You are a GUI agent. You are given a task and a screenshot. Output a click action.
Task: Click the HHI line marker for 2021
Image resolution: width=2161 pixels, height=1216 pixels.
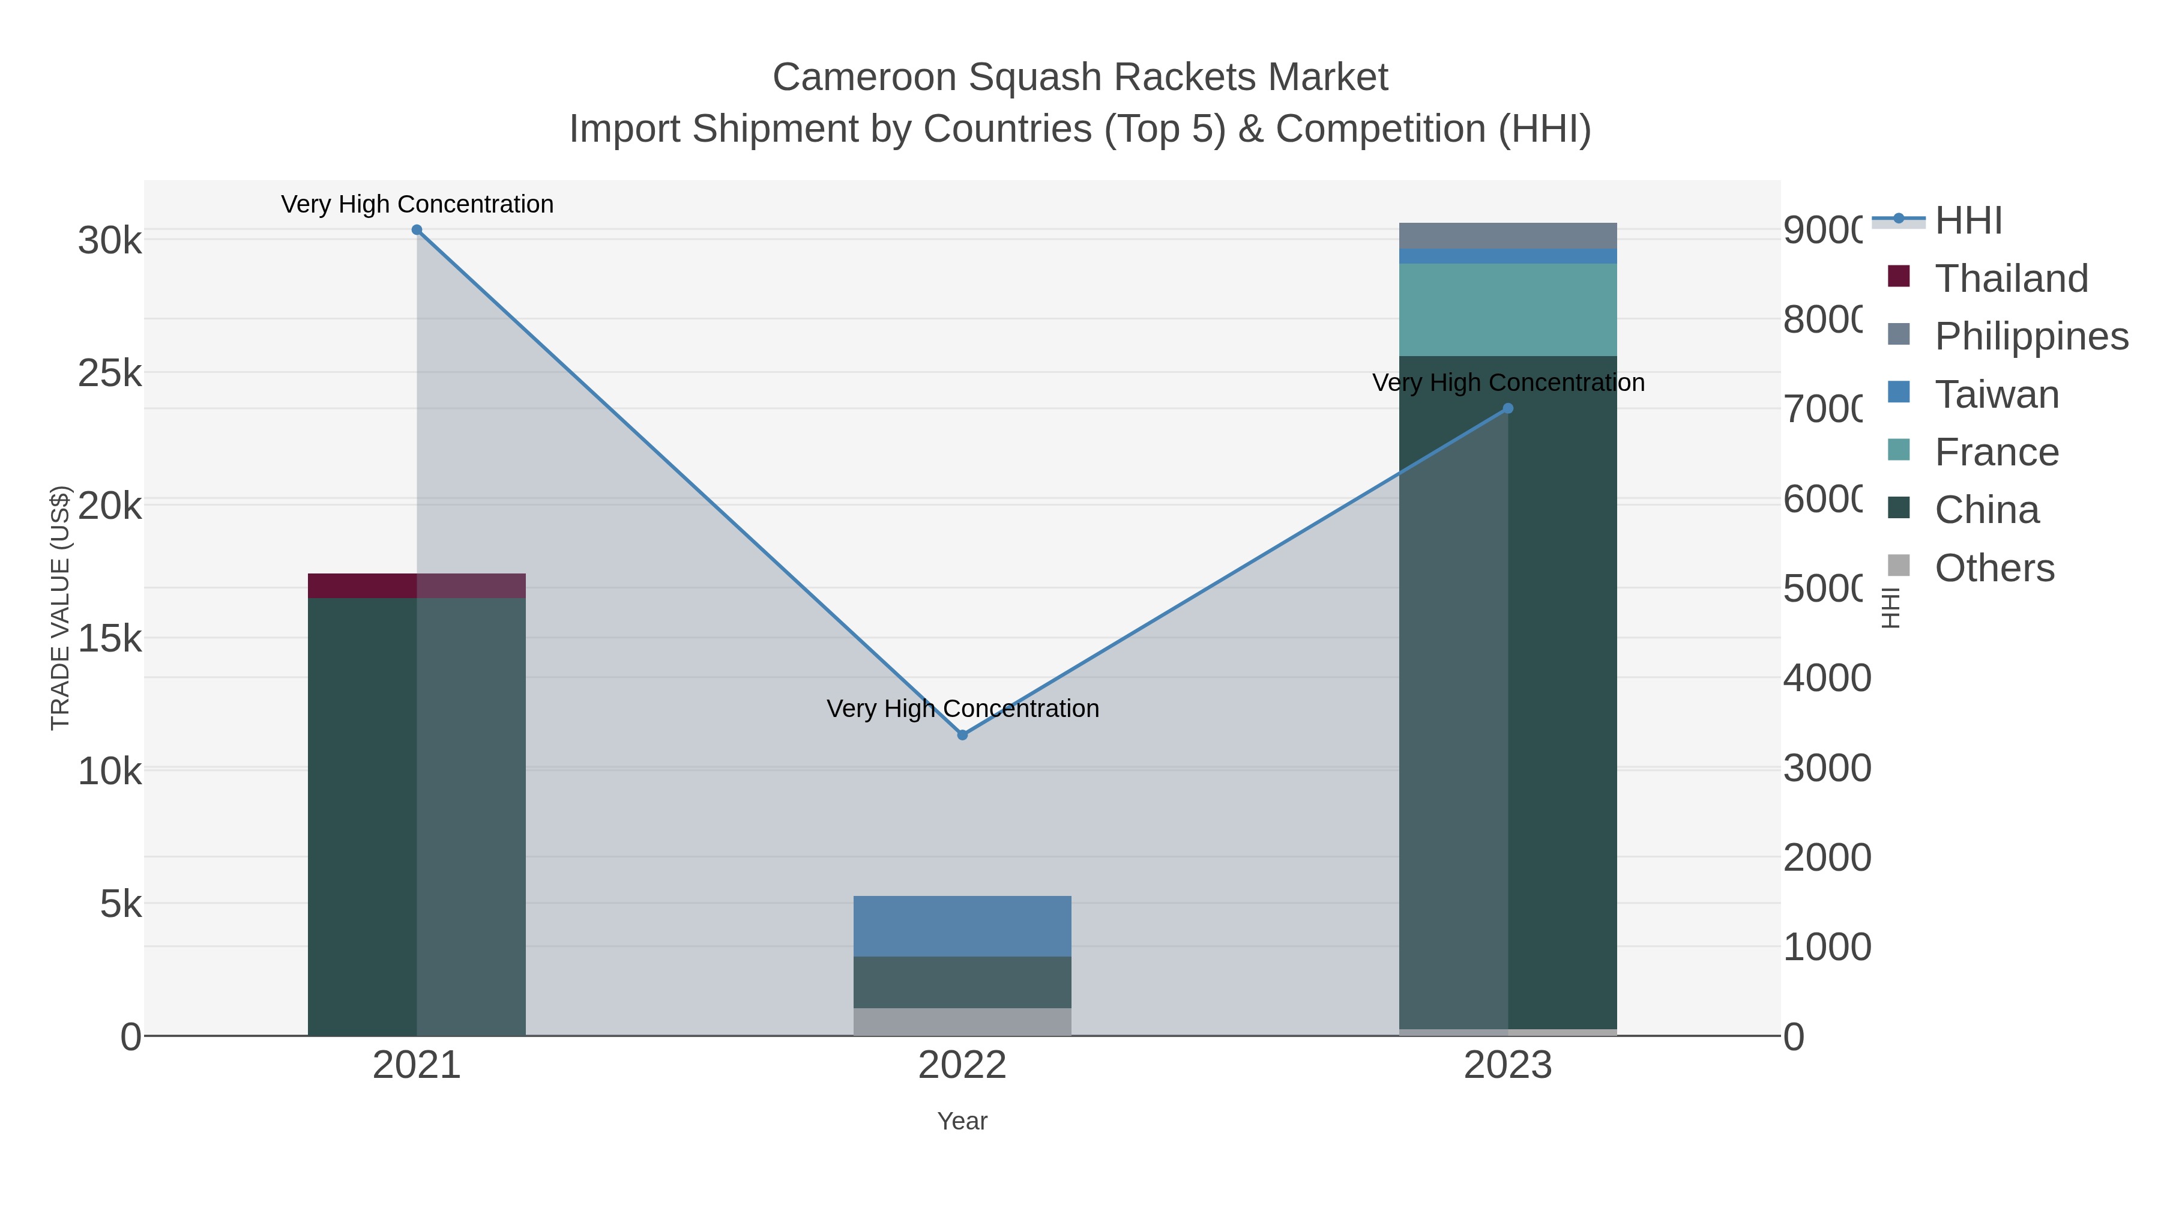click(417, 230)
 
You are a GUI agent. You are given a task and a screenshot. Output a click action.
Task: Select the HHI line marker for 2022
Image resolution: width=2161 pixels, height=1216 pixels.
click(962, 735)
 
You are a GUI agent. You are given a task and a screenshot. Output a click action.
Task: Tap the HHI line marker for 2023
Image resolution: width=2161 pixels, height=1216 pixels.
click(1507, 409)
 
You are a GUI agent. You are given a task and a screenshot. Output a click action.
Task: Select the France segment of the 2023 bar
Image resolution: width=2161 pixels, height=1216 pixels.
click(1507, 310)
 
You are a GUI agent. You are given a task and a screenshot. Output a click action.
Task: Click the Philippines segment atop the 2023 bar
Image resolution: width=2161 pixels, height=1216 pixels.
click(1507, 236)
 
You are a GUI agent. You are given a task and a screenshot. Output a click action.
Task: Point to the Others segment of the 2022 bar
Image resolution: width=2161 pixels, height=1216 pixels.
click(962, 1021)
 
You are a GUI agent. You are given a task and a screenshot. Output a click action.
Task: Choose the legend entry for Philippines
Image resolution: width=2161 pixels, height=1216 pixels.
click(2031, 336)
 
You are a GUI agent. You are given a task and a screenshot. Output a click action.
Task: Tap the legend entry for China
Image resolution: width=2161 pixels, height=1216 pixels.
click(1986, 510)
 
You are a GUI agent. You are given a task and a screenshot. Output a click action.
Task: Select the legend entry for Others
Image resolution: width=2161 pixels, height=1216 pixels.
click(1994, 568)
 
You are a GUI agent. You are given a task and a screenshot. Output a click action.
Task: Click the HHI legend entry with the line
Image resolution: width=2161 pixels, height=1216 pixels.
click(1967, 221)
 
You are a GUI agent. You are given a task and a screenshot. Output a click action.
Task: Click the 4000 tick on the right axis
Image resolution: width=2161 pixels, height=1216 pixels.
click(1826, 678)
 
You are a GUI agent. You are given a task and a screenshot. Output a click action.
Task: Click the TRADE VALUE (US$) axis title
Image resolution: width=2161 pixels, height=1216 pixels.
click(61, 608)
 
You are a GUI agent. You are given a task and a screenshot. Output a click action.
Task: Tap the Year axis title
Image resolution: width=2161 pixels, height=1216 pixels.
click(962, 1121)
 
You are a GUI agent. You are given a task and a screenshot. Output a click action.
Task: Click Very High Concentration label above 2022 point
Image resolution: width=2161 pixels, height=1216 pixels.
click(962, 709)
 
